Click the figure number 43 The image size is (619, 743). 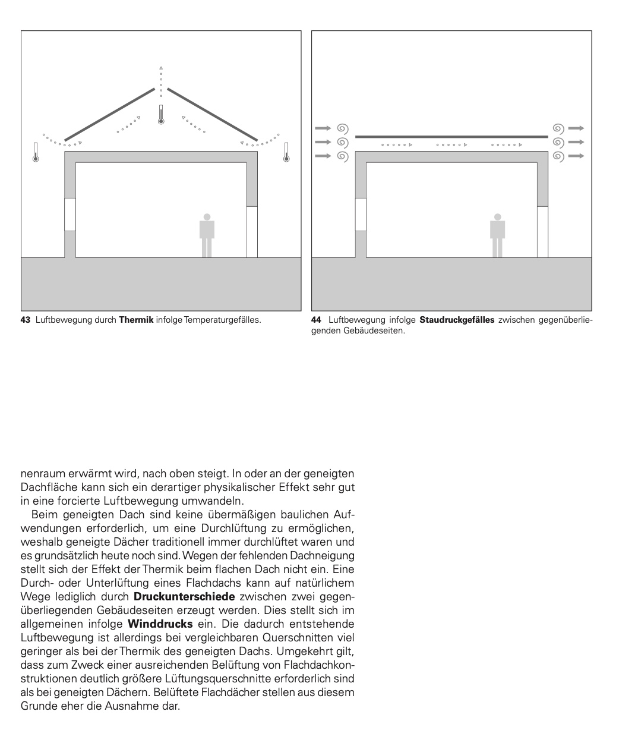click(x=25, y=320)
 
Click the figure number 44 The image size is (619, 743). click(x=316, y=320)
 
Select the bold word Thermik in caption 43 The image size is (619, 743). click(x=136, y=320)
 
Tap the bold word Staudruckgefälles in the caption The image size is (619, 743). click(x=456, y=320)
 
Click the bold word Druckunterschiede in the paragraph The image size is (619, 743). click(x=184, y=596)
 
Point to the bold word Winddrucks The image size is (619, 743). click(x=160, y=624)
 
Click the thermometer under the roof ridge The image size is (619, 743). click(x=160, y=114)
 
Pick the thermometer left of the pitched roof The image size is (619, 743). click(x=36, y=152)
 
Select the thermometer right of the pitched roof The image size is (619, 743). click(x=286, y=152)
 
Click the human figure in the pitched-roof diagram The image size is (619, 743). click(x=207, y=235)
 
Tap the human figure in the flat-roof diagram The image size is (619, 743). click(x=497, y=235)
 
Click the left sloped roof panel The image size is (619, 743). click(x=110, y=114)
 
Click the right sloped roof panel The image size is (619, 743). click(x=212, y=114)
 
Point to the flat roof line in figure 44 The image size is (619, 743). click(x=451, y=137)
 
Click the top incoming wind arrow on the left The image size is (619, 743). click(x=322, y=128)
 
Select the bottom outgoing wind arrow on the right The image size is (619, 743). click(x=576, y=156)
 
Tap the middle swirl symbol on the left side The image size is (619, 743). click(x=342, y=142)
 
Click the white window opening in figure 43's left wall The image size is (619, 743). click(x=70, y=215)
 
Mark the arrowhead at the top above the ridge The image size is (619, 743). click(x=160, y=68)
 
